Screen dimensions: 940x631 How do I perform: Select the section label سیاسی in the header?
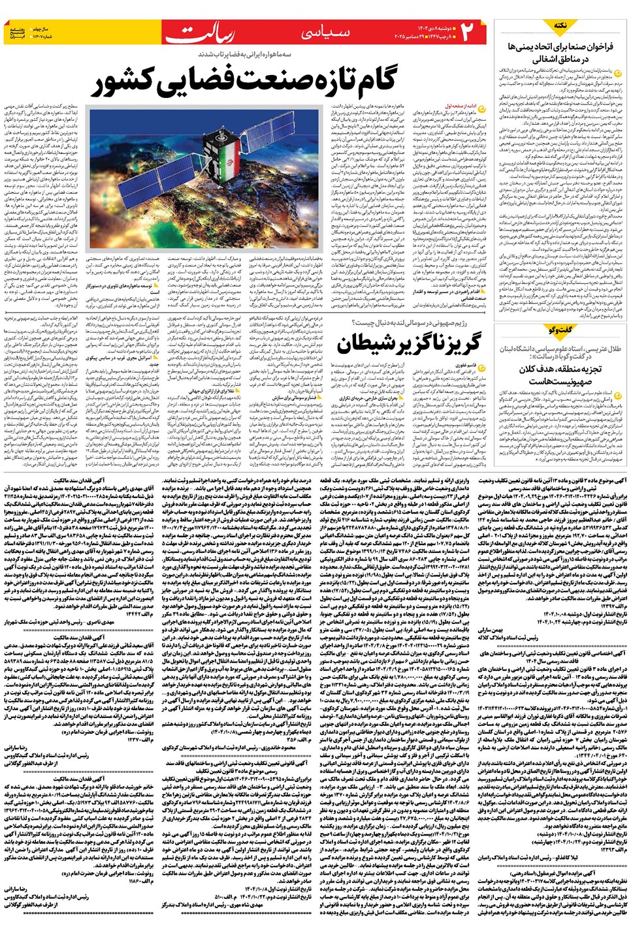coord(327,33)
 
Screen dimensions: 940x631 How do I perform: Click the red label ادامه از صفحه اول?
coord(466,105)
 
